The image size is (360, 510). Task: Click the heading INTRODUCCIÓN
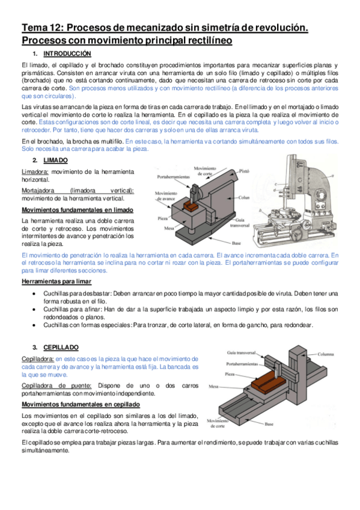67,54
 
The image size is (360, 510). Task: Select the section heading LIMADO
55,161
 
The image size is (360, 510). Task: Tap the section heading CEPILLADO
61,348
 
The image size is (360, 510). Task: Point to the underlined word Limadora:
35,172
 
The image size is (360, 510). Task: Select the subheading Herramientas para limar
56,281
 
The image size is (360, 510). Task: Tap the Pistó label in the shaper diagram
244,171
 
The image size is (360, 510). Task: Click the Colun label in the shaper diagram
243,197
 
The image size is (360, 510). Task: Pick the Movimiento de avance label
166,196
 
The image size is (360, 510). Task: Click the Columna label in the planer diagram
326,354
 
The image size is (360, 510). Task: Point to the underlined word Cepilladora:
38,359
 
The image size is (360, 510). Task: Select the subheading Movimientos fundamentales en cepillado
81,405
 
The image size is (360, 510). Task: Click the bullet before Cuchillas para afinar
34,309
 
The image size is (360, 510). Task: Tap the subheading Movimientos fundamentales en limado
78,210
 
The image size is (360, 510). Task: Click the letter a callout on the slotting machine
333,176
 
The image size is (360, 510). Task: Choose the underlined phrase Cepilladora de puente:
56,386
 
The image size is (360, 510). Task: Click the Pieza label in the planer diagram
230,374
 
